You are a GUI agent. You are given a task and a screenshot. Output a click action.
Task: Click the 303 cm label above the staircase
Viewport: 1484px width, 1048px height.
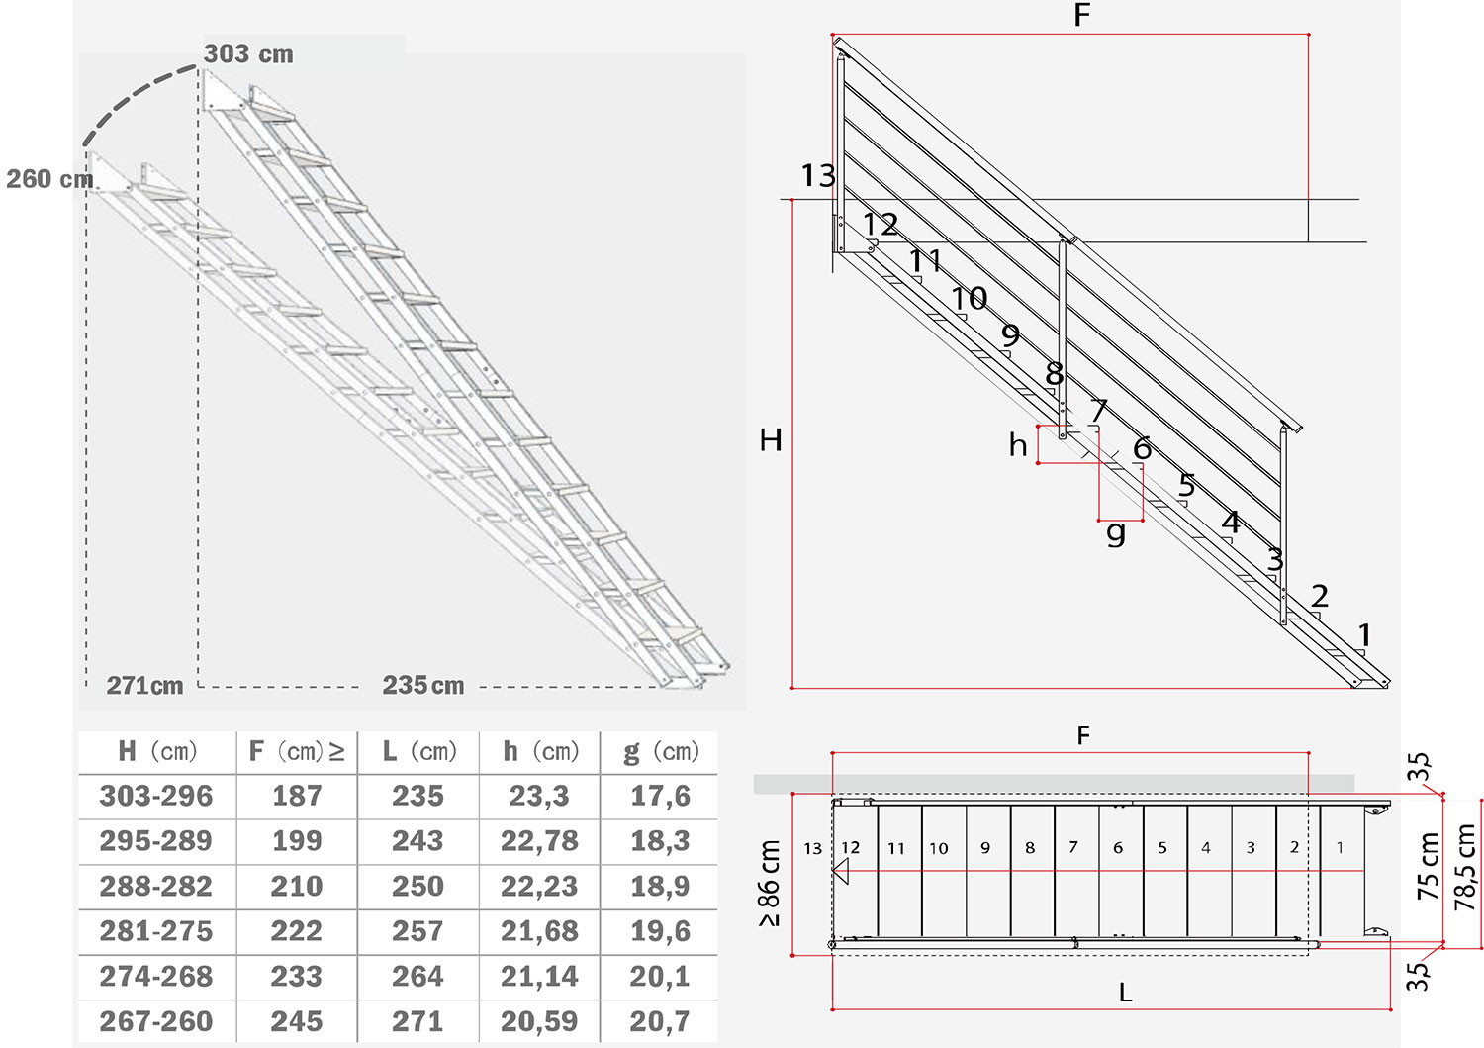click(x=248, y=53)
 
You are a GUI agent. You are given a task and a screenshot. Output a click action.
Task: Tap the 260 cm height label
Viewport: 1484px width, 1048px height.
click(x=49, y=179)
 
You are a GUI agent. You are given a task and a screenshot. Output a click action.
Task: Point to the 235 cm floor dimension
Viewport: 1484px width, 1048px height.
click(x=423, y=685)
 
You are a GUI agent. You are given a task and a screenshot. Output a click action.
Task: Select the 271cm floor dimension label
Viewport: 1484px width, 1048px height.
click(x=145, y=685)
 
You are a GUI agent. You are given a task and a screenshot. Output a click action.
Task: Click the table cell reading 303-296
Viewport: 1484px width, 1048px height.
click(x=156, y=796)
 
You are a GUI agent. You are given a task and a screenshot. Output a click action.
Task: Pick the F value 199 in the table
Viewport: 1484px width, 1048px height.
click(x=297, y=840)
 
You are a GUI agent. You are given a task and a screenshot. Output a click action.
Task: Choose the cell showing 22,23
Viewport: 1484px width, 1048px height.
click(x=539, y=886)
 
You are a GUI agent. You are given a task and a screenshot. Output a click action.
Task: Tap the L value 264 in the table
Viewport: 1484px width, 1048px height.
click(x=417, y=976)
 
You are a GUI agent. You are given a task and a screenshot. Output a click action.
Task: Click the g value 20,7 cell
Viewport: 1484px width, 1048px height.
click(x=660, y=1021)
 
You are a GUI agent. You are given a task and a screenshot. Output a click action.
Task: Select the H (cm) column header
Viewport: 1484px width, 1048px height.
click(x=157, y=751)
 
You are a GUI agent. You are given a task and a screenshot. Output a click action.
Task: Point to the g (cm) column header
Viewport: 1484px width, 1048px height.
click(x=661, y=752)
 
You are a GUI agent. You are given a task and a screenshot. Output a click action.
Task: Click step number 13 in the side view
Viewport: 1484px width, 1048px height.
click(x=818, y=176)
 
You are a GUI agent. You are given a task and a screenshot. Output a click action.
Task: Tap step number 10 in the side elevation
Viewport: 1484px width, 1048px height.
click(x=970, y=298)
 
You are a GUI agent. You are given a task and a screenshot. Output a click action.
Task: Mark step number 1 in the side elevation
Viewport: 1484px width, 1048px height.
click(x=1364, y=634)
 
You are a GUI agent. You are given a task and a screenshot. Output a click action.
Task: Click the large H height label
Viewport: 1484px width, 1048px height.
click(x=771, y=440)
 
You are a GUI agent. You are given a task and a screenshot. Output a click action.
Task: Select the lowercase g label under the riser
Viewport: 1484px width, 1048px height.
click(x=1116, y=532)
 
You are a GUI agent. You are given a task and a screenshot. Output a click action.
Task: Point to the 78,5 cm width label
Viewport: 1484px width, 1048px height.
click(x=1465, y=866)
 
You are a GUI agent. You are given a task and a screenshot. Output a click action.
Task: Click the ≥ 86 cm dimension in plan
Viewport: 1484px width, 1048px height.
click(x=770, y=883)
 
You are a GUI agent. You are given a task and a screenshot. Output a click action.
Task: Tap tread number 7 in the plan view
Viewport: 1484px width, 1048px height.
click(x=1073, y=846)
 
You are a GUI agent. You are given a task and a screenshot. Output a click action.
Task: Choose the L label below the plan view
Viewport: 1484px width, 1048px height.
click(x=1126, y=993)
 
